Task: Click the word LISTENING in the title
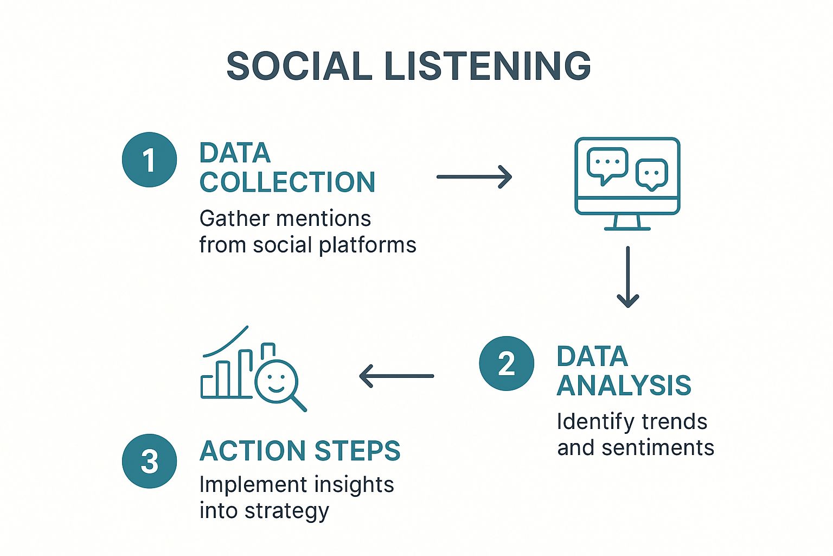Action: tap(488, 66)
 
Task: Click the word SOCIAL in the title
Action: tap(299, 66)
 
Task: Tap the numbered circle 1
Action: tap(150, 160)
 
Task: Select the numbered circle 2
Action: tap(507, 363)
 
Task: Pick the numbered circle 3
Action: tap(150, 461)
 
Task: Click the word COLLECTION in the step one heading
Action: tap(287, 182)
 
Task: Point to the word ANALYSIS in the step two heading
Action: tap(624, 385)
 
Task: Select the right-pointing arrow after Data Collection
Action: tap(474, 177)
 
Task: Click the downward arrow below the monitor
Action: tap(627, 277)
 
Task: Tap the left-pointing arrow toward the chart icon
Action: tap(396, 376)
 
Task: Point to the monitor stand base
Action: tap(627, 229)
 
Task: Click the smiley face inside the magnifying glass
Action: tap(276, 382)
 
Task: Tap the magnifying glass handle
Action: tap(299, 403)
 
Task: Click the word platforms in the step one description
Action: tap(368, 245)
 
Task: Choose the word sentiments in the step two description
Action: tap(658, 447)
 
